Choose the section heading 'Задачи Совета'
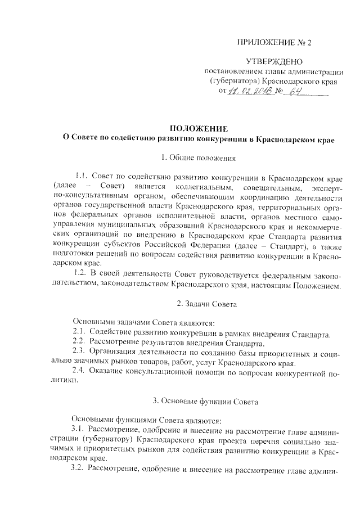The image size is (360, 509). click(200, 304)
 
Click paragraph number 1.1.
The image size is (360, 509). click(82, 176)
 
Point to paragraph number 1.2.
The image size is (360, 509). click(82, 272)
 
